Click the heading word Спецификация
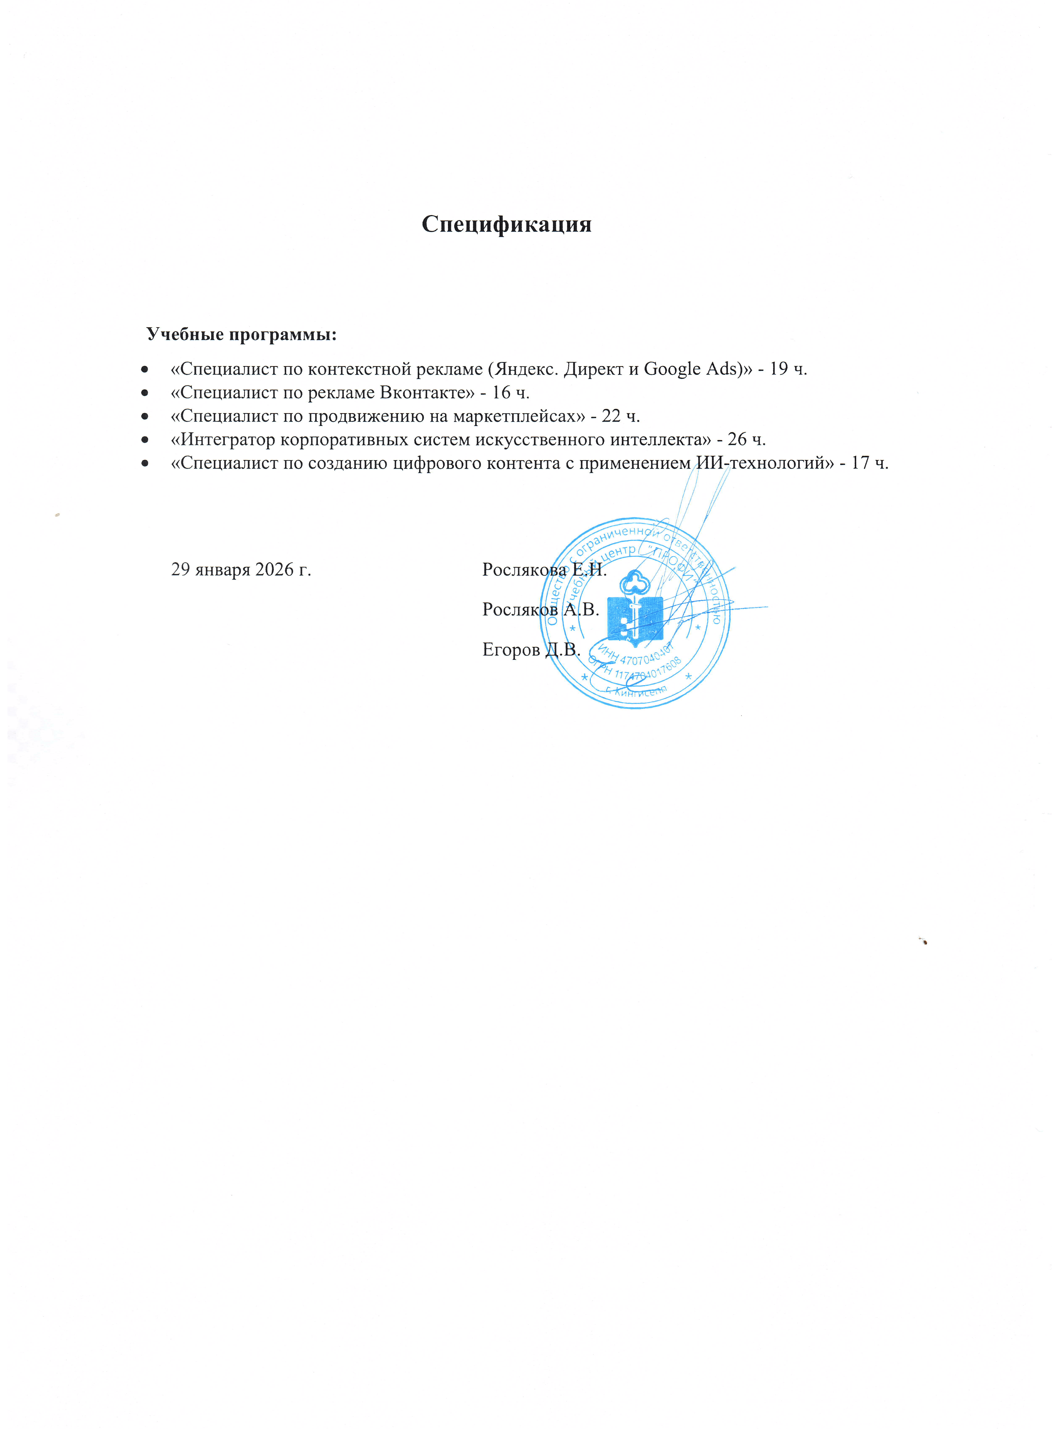point(506,224)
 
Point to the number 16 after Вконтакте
point(501,392)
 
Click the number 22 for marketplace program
point(611,416)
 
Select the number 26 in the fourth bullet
point(737,440)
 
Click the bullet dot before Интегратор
point(145,440)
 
